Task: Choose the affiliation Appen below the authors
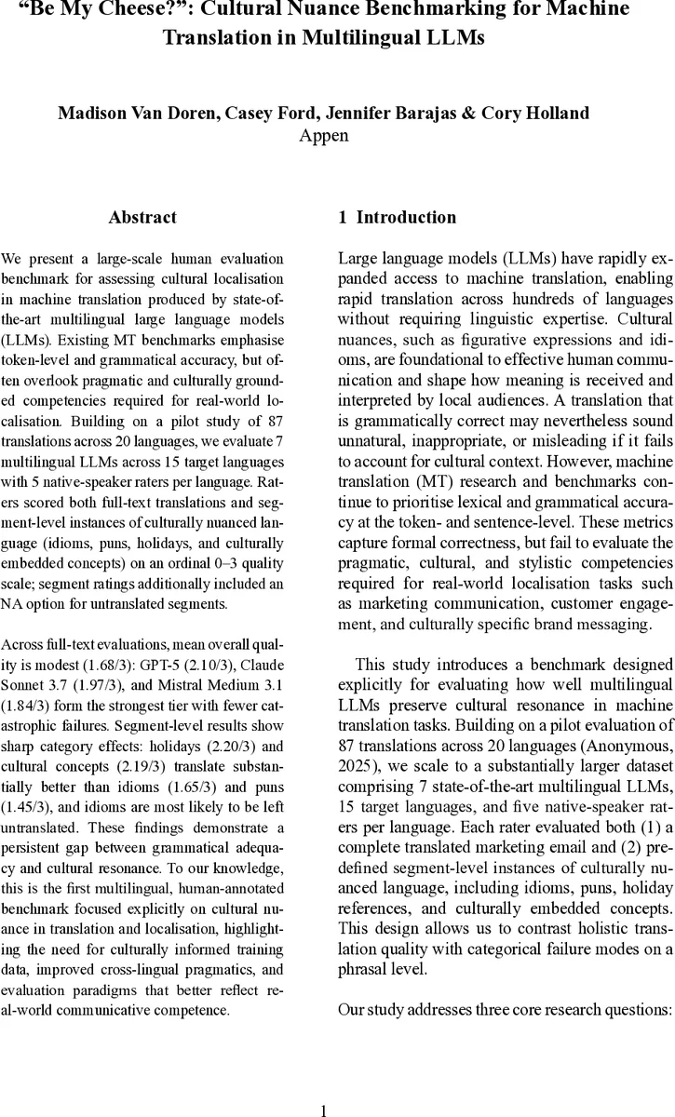323,136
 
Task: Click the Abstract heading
142,218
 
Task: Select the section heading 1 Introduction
397,218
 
